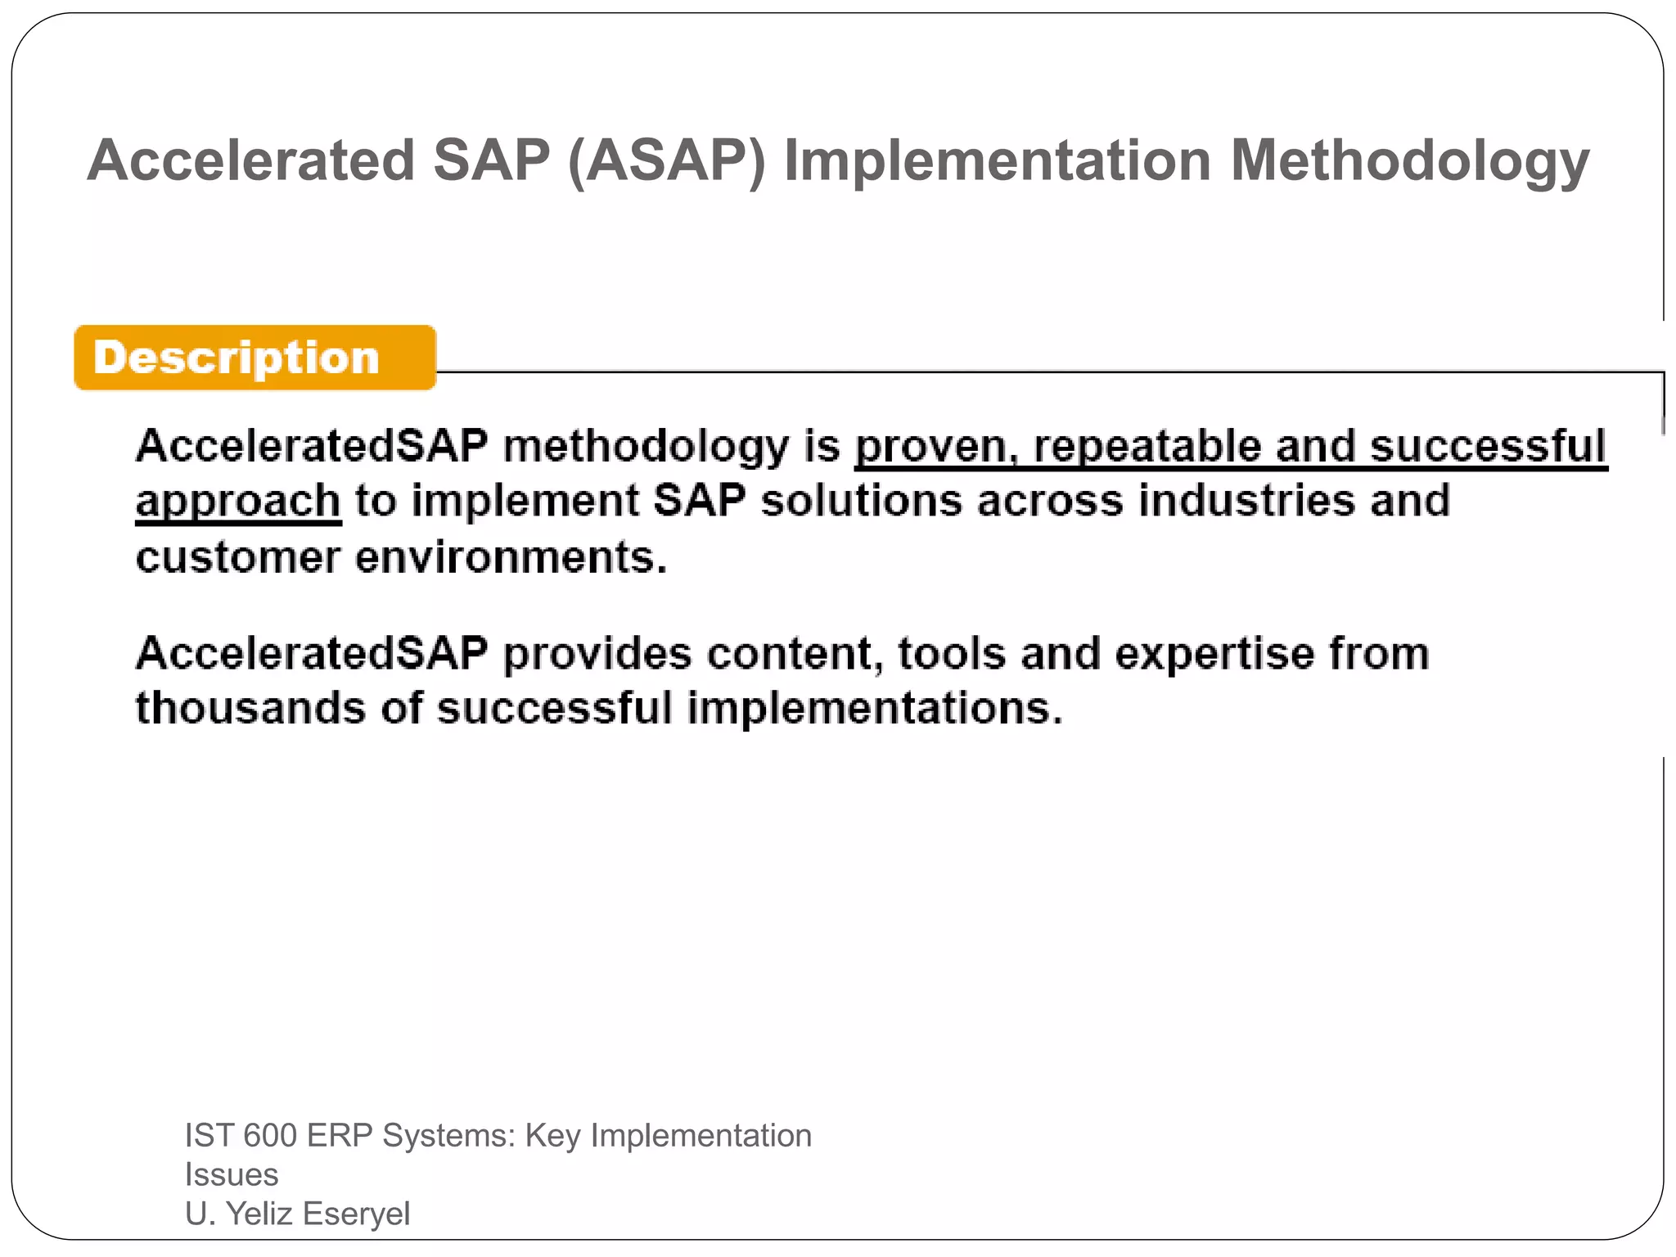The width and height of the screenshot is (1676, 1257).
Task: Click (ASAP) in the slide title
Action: (x=666, y=160)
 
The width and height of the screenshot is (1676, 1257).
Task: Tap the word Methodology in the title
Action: (x=1409, y=160)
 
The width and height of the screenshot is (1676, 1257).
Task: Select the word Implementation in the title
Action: (x=997, y=160)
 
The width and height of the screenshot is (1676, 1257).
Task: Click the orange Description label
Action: (x=254, y=358)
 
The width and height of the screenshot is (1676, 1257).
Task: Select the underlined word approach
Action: (x=238, y=501)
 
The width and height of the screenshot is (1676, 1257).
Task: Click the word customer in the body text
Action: (x=238, y=558)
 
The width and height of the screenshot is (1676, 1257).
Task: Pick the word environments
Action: (x=511, y=558)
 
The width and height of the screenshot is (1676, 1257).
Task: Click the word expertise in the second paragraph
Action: (x=1214, y=654)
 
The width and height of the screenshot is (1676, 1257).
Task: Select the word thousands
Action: (x=250, y=708)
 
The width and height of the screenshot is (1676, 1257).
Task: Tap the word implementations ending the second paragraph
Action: (x=874, y=708)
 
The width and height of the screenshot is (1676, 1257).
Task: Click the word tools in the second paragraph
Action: (x=952, y=654)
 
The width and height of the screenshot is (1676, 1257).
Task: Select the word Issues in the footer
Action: (x=232, y=1175)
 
